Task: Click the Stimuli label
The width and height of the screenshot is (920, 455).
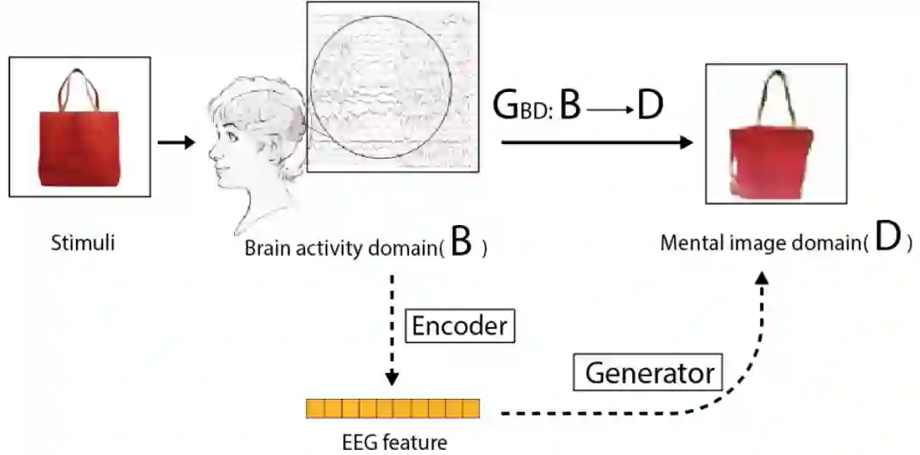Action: [x=83, y=244]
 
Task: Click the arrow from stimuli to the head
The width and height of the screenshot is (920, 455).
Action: [x=176, y=141]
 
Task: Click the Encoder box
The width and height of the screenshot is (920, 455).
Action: [x=459, y=325]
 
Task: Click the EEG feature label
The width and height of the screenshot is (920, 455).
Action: [x=393, y=441]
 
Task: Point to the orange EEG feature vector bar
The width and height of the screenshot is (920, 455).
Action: [x=393, y=409]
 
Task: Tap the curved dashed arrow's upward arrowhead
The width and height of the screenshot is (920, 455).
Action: [x=763, y=280]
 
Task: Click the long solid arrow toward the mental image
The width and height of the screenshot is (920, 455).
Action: [x=596, y=142]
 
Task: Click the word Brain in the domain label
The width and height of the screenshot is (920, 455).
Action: [x=265, y=249]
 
